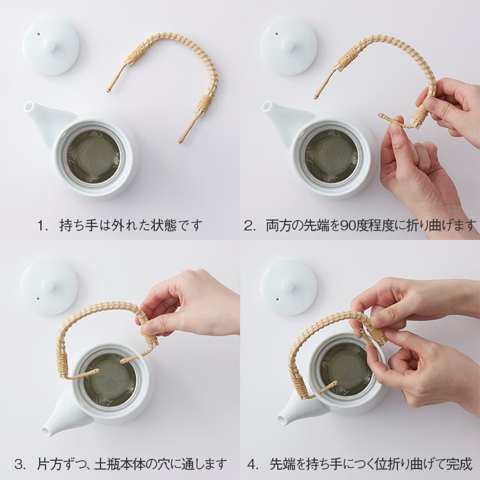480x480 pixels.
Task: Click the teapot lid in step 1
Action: pyautogui.click(x=51, y=47)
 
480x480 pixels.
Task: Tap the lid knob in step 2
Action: pyautogui.click(x=287, y=45)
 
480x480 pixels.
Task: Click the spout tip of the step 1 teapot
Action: pyautogui.click(x=28, y=106)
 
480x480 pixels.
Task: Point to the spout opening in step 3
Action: pyautogui.click(x=45, y=431)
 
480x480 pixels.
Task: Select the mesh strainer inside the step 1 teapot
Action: pyautogui.click(x=93, y=156)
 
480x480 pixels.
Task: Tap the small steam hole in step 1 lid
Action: pyautogui.click(x=39, y=35)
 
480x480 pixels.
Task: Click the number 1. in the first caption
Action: pyautogui.click(x=42, y=226)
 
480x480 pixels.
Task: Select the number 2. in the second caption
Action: pyautogui.click(x=249, y=226)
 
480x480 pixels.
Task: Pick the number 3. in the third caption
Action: pyautogui.click(x=20, y=464)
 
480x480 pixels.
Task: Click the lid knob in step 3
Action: pyautogui.click(x=48, y=285)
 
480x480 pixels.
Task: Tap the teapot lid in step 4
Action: pyautogui.click(x=289, y=287)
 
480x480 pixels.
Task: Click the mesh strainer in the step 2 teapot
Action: pyautogui.click(x=332, y=156)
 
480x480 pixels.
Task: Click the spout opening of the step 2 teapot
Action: pyautogui.click(x=266, y=106)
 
